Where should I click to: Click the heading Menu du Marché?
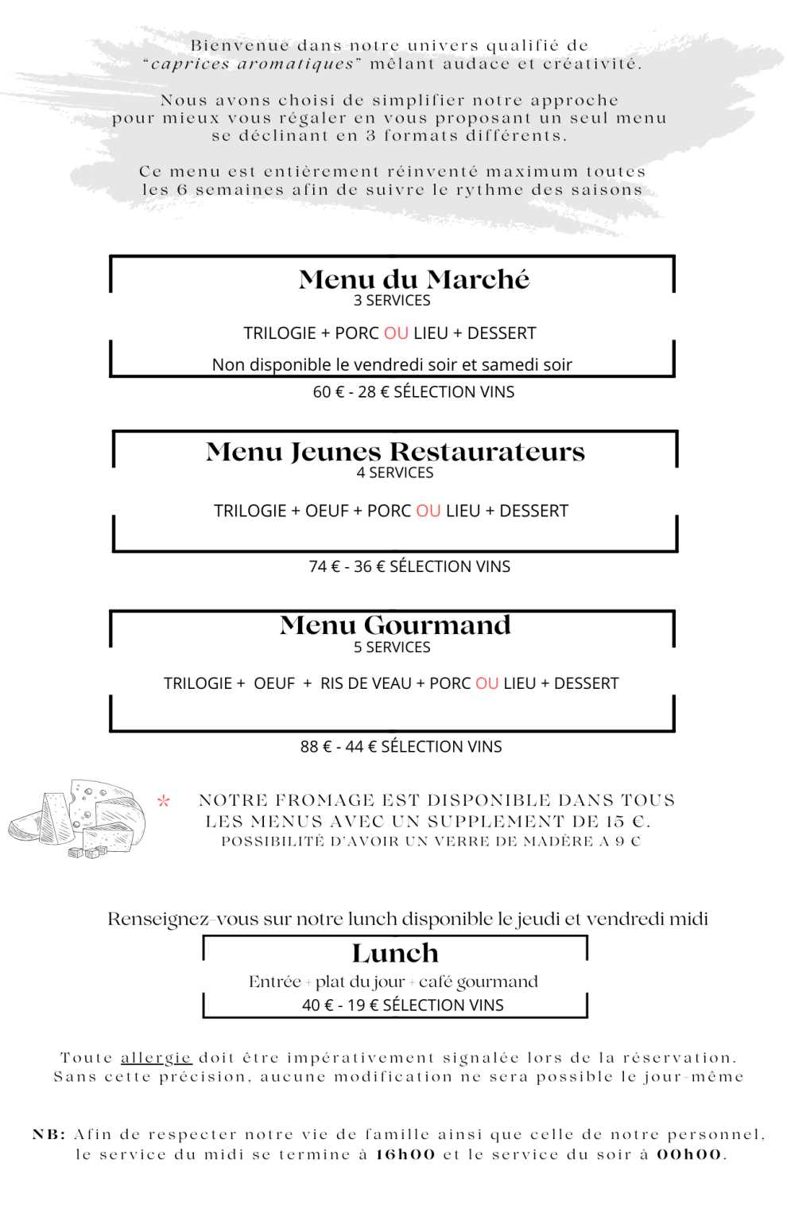point(413,279)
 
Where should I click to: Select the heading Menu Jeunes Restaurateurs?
point(395,452)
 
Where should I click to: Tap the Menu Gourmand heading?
point(395,625)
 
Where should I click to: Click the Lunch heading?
point(395,953)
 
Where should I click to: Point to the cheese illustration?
point(78,818)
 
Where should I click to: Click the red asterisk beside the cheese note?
point(164,801)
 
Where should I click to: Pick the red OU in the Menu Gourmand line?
point(487,683)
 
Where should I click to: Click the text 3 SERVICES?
point(392,301)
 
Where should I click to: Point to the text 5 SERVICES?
point(392,647)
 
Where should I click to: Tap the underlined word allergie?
point(156,1058)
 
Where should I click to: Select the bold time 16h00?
point(406,1155)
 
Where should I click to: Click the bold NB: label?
point(49,1135)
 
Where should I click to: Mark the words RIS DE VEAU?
point(366,683)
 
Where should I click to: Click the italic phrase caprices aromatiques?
point(252,64)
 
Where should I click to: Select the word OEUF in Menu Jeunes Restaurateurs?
point(327,511)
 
